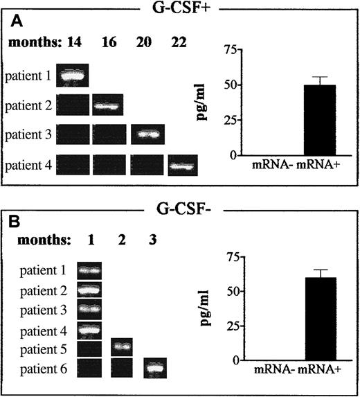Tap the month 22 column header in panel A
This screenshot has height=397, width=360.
click(182, 42)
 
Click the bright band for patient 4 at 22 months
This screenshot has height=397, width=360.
click(183, 166)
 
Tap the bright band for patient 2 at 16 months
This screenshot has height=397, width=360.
click(107, 106)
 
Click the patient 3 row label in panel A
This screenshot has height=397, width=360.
click(29, 134)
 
